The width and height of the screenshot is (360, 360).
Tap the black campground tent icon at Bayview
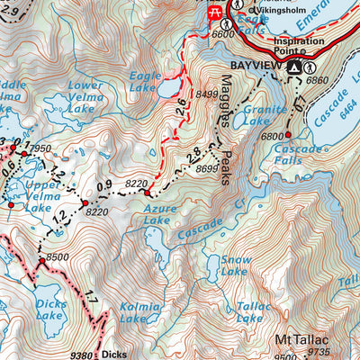pyautogui.click(x=294, y=67)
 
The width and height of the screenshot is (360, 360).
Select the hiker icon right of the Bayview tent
pyautogui.click(x=310, y=67)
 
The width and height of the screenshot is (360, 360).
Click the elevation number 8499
pyautogui.click(x=207, y=91)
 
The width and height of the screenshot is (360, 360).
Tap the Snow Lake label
pyautogui.click(x=234, y=265)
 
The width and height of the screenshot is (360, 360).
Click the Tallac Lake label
pyautogui.click(x=249, y=311)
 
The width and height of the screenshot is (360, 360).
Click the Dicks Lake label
pyautogui.click(x=53, y=310)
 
